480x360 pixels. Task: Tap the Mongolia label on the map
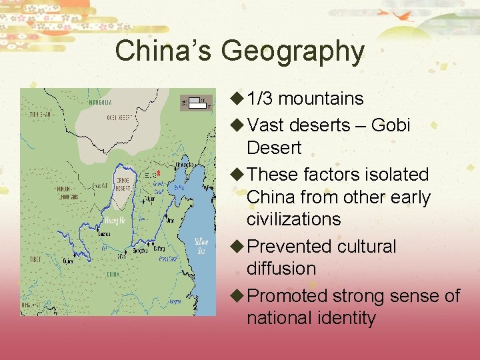(100, 103)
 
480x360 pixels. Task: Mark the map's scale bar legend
(196, 103)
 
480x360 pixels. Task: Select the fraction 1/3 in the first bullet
(260, 99)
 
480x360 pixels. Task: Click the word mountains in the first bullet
(321, 99)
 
